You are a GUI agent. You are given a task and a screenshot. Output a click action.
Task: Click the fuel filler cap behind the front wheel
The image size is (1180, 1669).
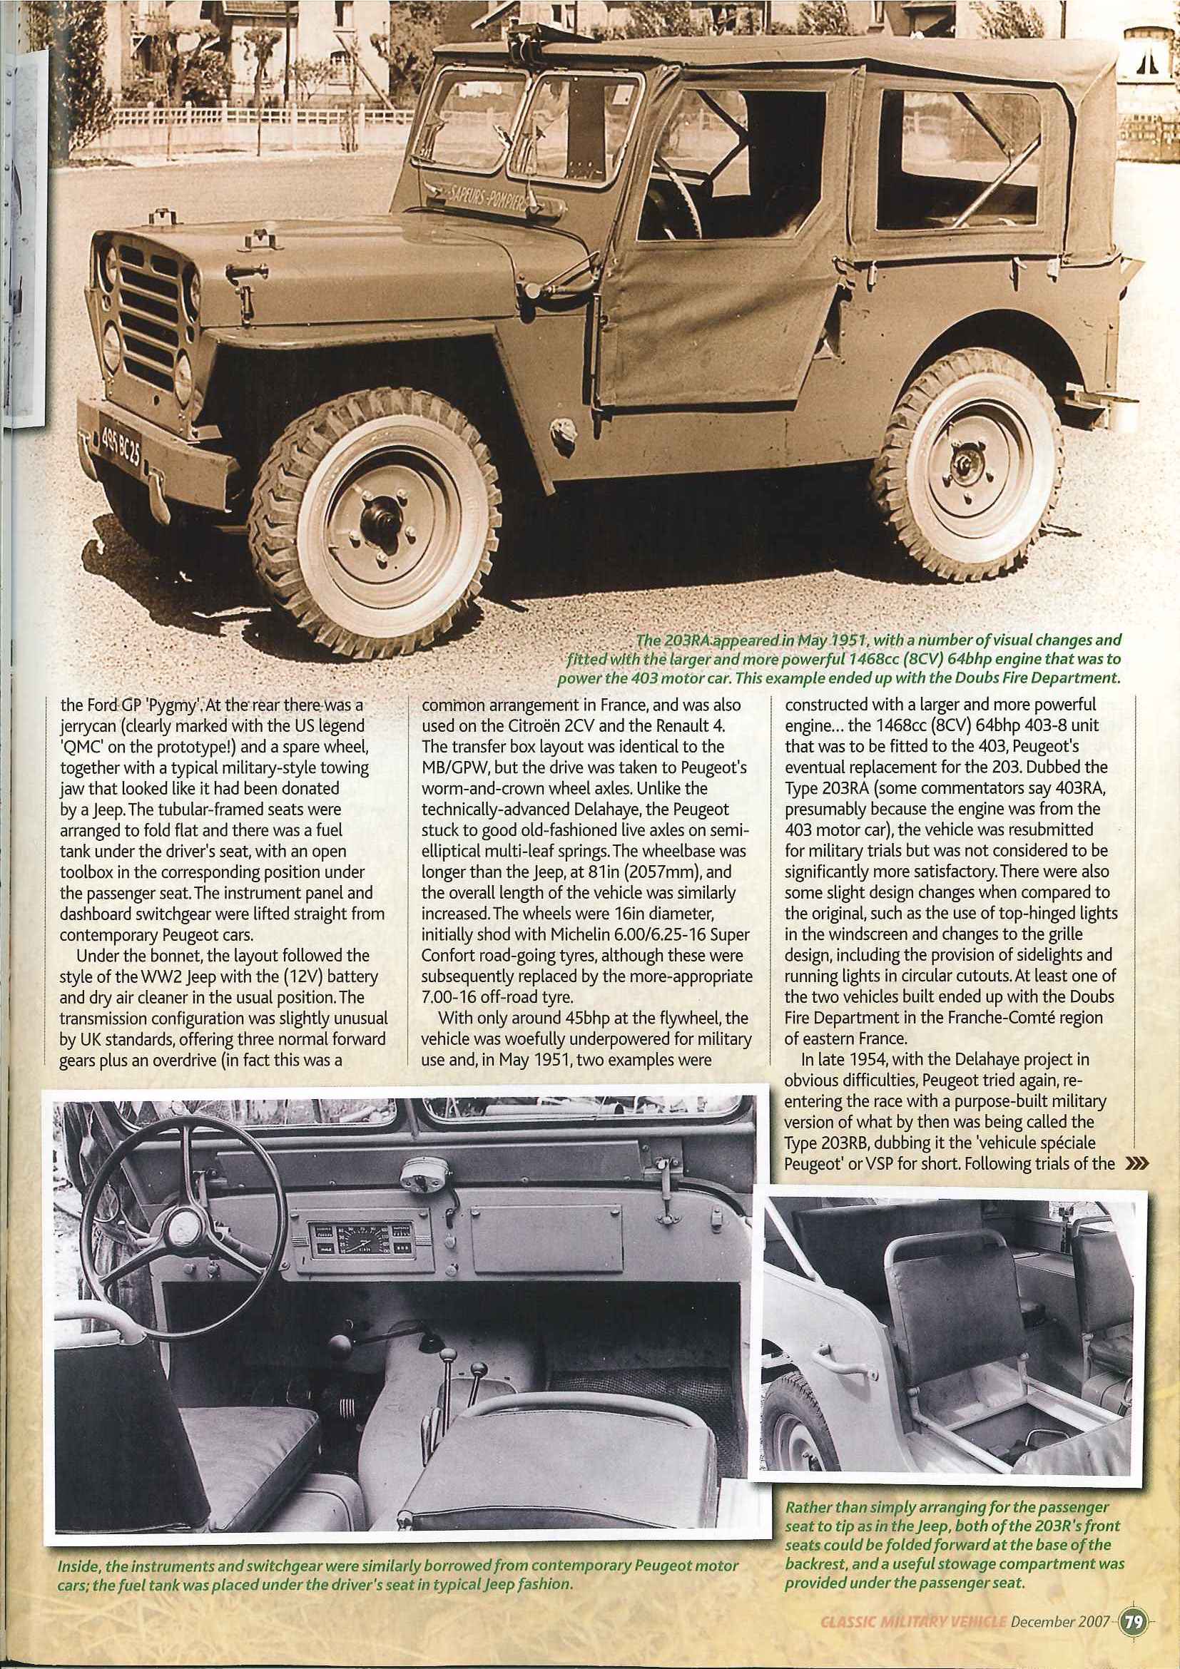[560, 424]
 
